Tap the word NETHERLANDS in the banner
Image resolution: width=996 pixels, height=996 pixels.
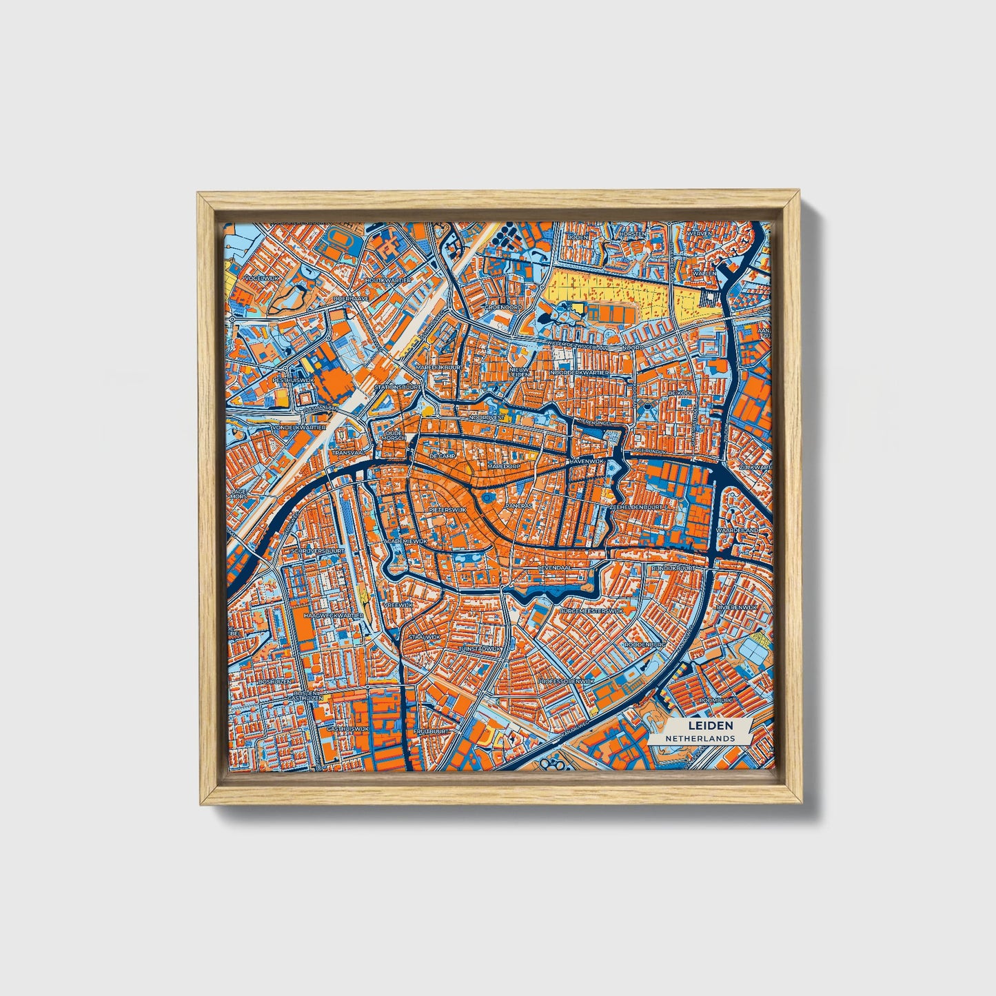tap(700, 738)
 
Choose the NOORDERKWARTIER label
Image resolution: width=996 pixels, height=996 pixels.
tap(579, 372)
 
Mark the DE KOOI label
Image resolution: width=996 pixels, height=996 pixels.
tap(679, 393)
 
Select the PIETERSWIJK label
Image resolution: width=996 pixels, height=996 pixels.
tap(447, 509)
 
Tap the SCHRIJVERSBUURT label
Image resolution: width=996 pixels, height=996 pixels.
tap(318, 551)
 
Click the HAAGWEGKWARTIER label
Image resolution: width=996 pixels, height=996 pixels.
tap(334, 614)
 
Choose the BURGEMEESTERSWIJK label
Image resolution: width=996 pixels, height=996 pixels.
tap(591, 611)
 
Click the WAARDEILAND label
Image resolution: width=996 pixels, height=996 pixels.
tap(737, 530)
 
